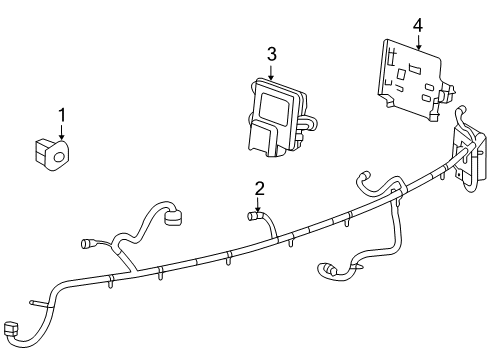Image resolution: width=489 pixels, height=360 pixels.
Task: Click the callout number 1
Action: click(x=62, y=115)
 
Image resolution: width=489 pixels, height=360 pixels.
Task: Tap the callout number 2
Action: click(x=259, y=187)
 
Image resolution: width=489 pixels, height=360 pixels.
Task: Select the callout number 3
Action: click(x=271, y=54)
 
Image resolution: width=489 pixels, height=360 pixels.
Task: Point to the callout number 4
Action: click(x=417, y=24)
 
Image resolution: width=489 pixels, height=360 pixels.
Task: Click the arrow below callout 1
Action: click(x=62, y=133)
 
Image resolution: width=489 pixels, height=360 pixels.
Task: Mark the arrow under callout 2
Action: click(x=259, y=204)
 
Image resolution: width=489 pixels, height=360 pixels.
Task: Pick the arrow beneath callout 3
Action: click(x=271, y=72)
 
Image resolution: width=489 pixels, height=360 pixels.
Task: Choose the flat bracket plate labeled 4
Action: click(x=410, y=76)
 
